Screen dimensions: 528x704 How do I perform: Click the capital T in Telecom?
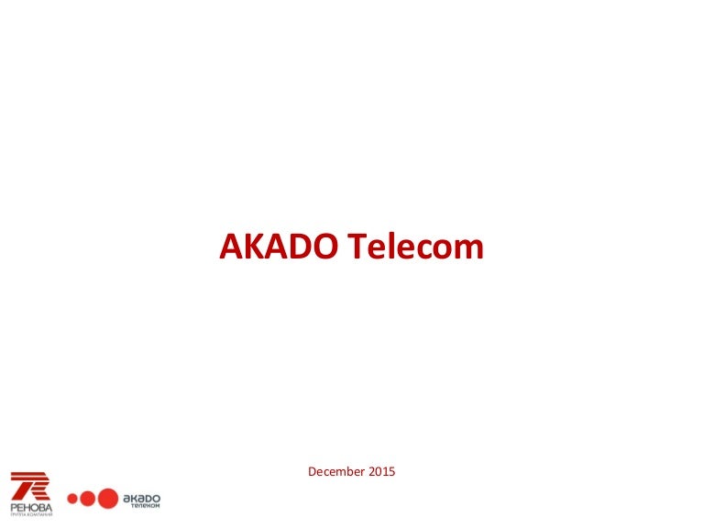click(x=358, y=247)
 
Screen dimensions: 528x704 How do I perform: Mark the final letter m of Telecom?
click(x=469, y=249)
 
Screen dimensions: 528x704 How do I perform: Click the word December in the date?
click(x=335, y=472)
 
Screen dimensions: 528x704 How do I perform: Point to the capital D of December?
click(x=313, y=472)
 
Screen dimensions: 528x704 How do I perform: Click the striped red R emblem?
click(x=30, y=485)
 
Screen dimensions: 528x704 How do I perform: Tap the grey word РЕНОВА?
click(x=31, y=506)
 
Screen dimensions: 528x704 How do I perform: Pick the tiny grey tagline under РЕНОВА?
click(x=31, y=514)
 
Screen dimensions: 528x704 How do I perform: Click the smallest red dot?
click(x=71, y=500)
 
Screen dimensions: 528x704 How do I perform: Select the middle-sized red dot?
click(x=87, y=500)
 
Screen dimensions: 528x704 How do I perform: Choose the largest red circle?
click(x=108, y=499)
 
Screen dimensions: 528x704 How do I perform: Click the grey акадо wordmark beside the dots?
click(x=141, y=496)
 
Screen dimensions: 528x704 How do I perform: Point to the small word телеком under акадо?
click(x=145, y=505)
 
